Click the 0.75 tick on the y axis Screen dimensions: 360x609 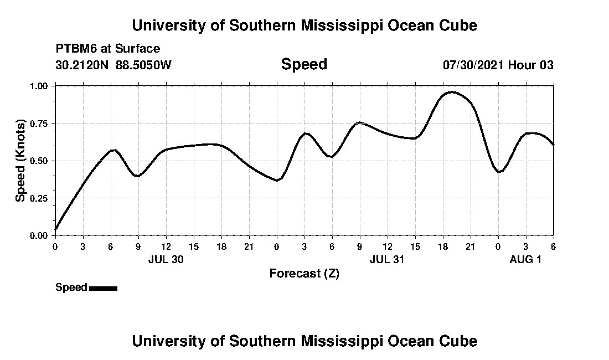coord(40,124)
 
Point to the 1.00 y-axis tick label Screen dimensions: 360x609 coord(40,86)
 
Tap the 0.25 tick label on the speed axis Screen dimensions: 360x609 coord(40,198)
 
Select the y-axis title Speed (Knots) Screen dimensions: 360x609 coord(20,161)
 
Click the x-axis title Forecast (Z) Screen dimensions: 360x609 coord(304,274)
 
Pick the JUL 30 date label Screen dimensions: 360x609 coord(166,260)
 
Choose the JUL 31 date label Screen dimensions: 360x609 coord(387,260)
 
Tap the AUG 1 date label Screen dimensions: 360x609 coord(525,260)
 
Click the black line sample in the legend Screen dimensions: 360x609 coord(103,288)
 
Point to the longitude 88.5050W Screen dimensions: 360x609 coord(144,65)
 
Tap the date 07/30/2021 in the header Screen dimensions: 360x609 coord(473,65)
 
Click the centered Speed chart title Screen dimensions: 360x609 coord(304,64)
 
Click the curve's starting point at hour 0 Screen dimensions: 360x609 coord(55,229)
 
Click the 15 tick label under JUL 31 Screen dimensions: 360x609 coord(415,246)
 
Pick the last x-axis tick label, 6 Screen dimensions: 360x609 coord(553,246)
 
